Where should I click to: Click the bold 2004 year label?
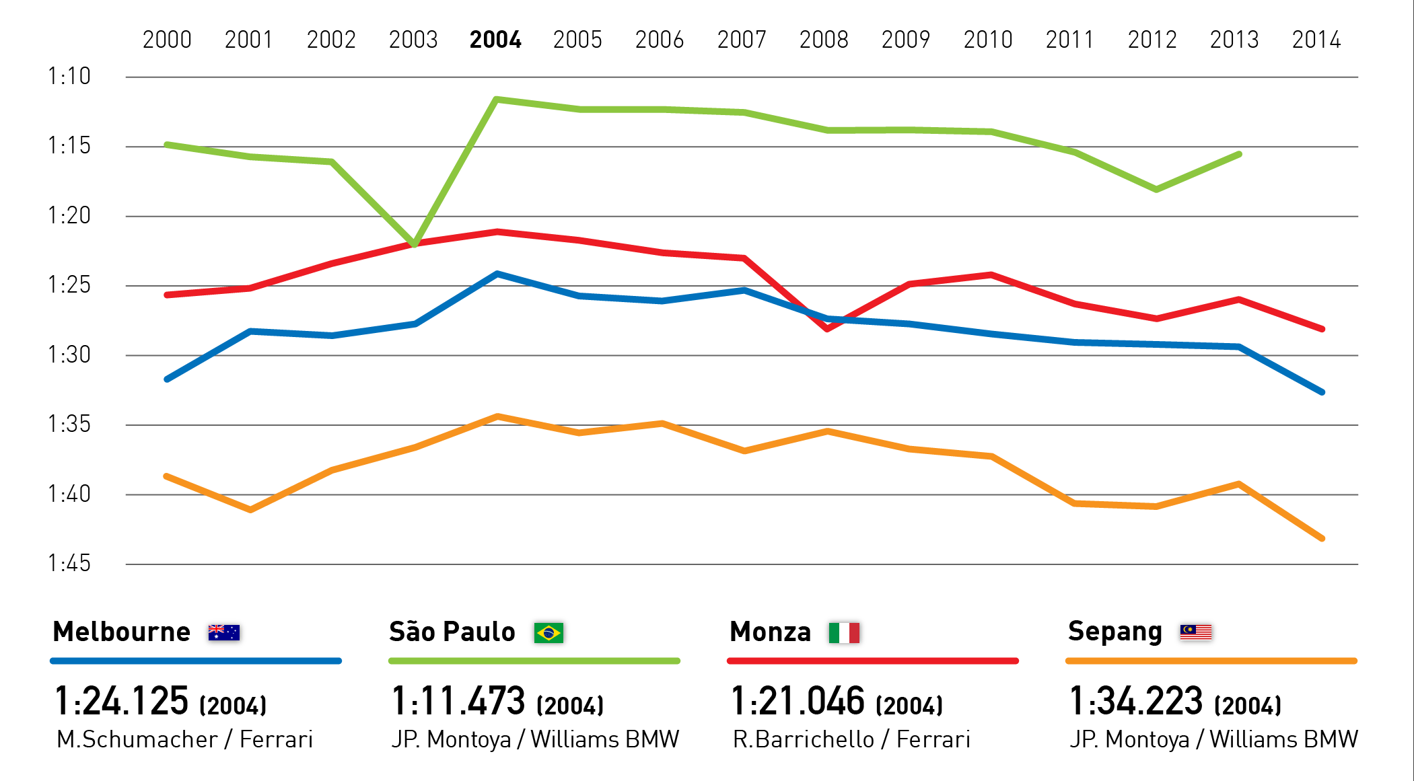point(495,40)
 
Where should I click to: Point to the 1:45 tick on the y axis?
point(69,563)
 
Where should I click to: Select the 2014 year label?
point(1316,40)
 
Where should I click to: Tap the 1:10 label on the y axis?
point(69,76)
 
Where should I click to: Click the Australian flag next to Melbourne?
point(224,632)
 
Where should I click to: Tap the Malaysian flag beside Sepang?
point(1196,632)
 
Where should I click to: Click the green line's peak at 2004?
point(496,100)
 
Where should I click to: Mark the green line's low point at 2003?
point(414,244)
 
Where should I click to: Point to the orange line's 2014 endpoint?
point(1322,538)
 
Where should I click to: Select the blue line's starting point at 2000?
point(167,379)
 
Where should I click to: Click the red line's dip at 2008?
point(827,329)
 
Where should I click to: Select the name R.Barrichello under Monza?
point(804,739)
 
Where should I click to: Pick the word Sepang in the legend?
point(1115,632)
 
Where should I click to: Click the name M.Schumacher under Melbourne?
point(137,739)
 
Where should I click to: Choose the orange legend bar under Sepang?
point(1211,661)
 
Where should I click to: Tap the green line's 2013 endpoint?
point(1240,155)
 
